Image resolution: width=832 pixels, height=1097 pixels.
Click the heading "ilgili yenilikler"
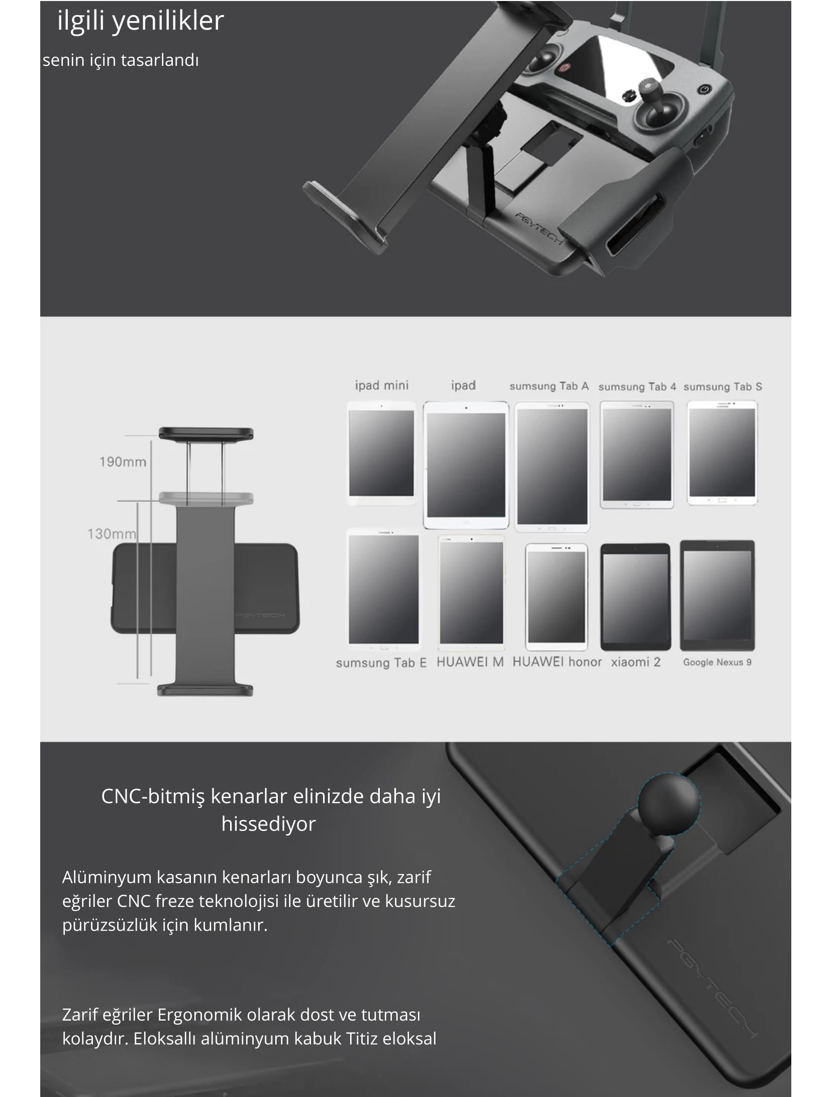pos(141,21)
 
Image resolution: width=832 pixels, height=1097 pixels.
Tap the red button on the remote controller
pos(563,66)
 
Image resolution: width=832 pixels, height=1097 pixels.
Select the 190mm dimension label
pos(123,462)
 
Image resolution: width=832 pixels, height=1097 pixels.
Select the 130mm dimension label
pos(112,533)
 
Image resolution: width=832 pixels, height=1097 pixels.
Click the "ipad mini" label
pos(382,386)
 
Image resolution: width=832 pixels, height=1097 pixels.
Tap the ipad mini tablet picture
pos(382,453)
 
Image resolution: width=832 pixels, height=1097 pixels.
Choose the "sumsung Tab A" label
pos(549,386)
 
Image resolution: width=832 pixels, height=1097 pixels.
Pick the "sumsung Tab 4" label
pos(637,387)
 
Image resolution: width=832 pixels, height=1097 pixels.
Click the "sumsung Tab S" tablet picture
pos(722,452)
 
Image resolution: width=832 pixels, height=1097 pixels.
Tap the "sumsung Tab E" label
pos(381,663)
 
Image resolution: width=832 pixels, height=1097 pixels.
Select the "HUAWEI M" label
pos(470,662)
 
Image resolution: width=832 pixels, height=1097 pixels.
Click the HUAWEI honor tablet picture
pos(556,597)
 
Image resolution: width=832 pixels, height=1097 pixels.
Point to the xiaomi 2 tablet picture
pos(636,597)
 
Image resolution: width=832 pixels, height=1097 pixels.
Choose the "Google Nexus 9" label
pos(717,662)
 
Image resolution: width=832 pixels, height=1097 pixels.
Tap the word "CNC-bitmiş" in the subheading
pos(153,796)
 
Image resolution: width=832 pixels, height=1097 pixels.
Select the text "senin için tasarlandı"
pos(121,60)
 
